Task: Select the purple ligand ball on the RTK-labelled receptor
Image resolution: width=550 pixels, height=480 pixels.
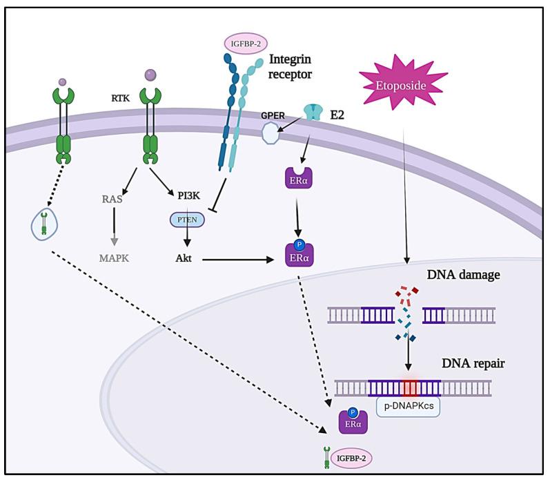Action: pos(150,75)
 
